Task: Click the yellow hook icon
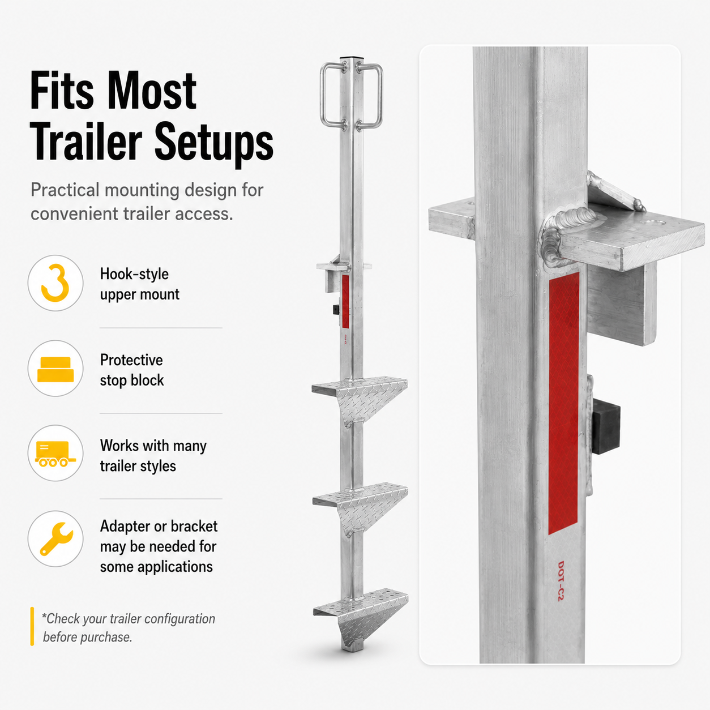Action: pos(55,283)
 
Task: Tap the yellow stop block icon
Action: pos(55,369)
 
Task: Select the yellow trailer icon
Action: pos(55,454)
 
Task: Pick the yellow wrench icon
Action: pos(56,538)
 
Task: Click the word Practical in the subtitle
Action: pos(65,190)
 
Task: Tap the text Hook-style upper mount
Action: pos(140,284)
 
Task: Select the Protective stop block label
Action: pos(132,370)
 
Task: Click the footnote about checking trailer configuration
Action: pos(129,627)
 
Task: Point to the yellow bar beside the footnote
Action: pos(32,626)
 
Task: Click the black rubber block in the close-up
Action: pos(606,427)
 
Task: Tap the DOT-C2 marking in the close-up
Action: pos(561,581)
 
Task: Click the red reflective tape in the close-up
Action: pos(563,403)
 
